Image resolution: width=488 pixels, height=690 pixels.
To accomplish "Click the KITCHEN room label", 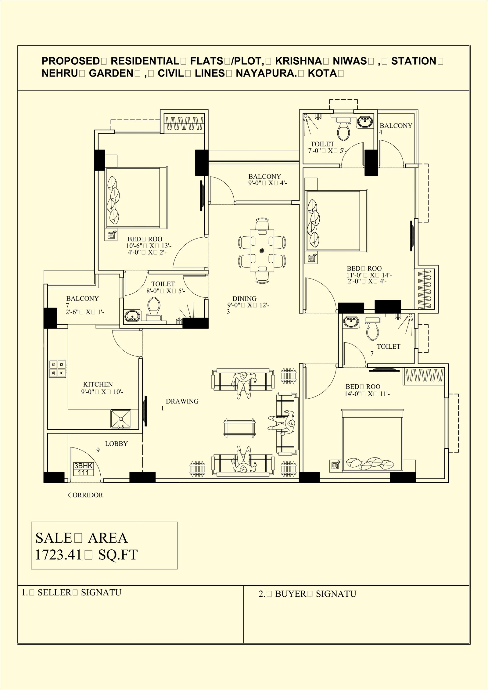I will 98,384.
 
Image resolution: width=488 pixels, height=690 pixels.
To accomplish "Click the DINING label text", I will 244,298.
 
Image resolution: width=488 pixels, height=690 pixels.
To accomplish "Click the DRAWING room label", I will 182,401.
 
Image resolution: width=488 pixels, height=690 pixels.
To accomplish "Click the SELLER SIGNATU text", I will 72,592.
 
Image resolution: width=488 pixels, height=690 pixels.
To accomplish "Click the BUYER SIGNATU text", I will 307,594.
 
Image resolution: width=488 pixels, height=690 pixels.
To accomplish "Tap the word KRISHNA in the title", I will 298,61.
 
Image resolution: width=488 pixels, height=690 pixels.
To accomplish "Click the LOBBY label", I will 116,444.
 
